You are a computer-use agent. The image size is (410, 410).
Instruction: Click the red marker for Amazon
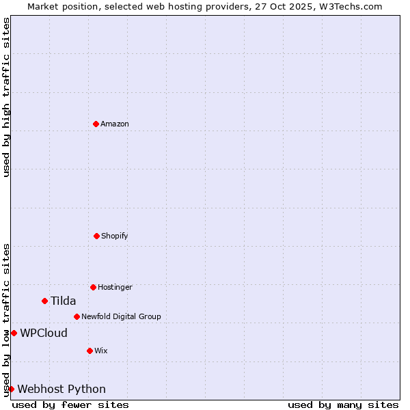[96, 124]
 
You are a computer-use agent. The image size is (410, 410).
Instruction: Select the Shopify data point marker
[96, 236]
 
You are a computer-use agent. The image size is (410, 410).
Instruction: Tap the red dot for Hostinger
[93, 287]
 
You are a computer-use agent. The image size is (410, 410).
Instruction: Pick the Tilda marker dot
[44, 301]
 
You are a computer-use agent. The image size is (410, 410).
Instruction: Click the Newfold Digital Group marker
[77, 316]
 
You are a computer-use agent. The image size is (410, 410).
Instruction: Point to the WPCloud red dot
[14, 333]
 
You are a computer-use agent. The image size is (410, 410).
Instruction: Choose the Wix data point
[90, 351]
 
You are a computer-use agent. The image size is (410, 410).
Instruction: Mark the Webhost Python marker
[11, 389]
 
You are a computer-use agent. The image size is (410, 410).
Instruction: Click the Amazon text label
[115, 124]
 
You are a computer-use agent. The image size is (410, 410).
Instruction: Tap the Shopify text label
[115, 236]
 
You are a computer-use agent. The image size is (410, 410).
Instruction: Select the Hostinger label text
[115, 287]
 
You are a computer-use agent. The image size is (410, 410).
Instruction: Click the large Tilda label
[63, 301]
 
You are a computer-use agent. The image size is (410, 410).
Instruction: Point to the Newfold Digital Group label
[121, 316]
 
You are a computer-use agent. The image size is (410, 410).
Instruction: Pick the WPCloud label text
[44, 333]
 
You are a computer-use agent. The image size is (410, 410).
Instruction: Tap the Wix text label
[101, 351]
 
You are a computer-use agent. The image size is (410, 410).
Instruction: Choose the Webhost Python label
[61, 389]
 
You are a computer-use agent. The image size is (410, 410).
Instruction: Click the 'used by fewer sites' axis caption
[70, 405]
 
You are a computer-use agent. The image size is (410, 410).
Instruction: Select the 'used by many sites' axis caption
[343, 405]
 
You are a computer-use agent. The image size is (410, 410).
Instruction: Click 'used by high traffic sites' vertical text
[6, 97]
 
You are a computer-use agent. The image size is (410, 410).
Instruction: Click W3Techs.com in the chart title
[351, 6]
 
